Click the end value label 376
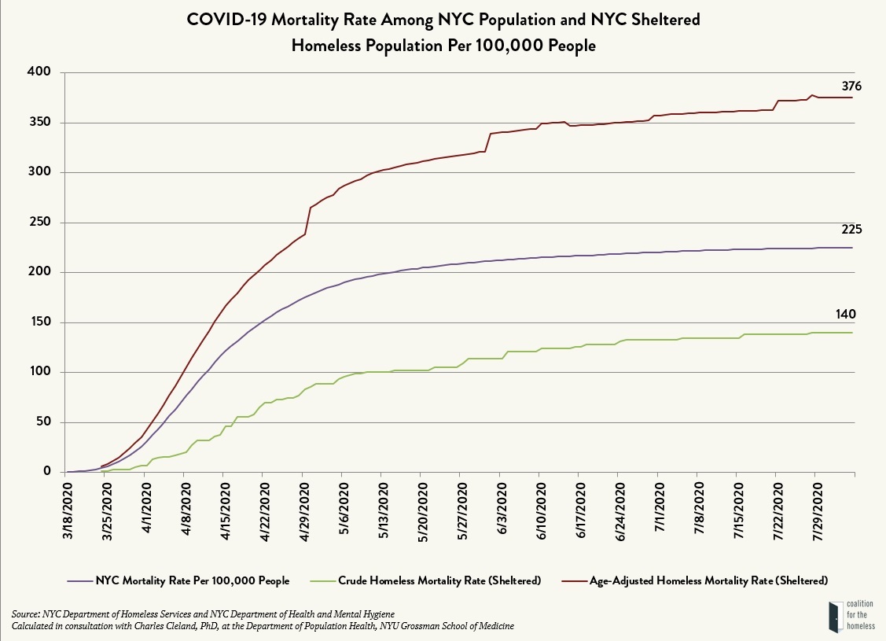(x=852, y=87)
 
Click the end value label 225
(x=852, y=230)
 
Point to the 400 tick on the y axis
(x=39, y=72)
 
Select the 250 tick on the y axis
(x=39, y=223)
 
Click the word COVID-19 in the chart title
(x=226, y=19)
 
